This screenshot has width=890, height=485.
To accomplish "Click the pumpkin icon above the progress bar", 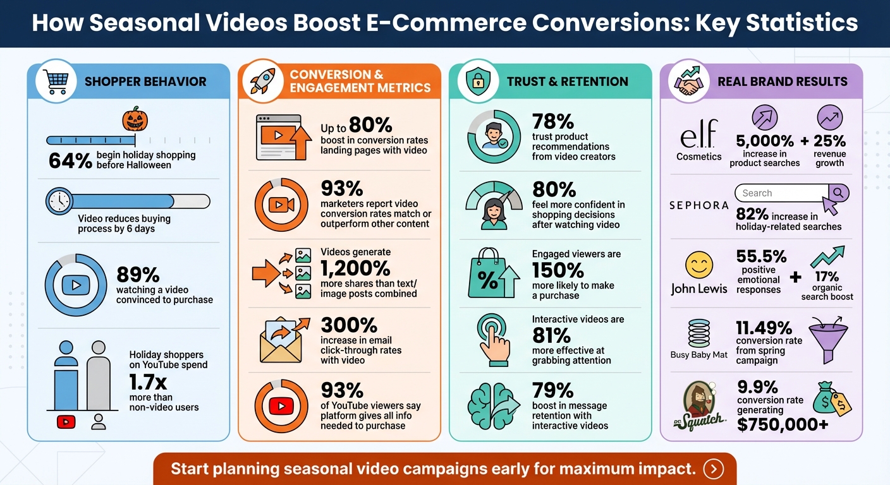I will (134, 118).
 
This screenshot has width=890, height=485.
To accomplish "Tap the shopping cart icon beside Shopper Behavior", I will (57, 81).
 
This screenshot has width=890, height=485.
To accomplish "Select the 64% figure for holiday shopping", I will (70, 160).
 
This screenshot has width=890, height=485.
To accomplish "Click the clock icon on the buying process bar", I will (59, 201).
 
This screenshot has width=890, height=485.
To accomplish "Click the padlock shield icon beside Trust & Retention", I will (477, 81).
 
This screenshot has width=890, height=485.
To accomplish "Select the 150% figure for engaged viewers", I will (558, 270).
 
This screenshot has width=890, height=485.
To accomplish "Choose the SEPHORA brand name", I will (698, 205).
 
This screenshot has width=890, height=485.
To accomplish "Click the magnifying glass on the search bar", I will (839, 192).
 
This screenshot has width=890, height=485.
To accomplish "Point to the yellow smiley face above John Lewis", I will (698, 265).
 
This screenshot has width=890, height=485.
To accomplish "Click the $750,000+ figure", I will (783, 425).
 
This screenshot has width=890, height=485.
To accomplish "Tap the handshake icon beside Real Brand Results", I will (689, 81).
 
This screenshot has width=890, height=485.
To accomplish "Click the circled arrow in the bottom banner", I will (714, 469).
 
